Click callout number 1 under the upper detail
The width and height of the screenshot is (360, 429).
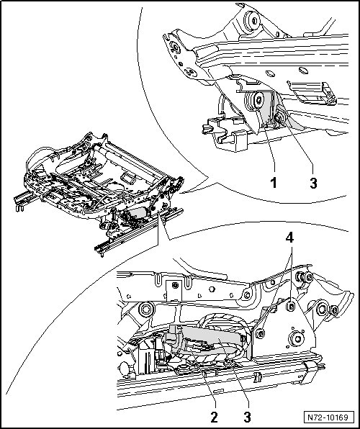[x=273, y=183]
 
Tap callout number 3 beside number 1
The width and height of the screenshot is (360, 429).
[x=313, y=183]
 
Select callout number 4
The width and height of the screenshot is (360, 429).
[x=289, y=238]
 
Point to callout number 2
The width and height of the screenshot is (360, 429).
[x=214, y=417]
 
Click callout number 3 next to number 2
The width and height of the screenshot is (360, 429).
[x=247, y=417]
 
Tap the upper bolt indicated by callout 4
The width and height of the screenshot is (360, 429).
[x=290, y=306]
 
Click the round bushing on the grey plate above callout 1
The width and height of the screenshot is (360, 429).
[x=256, y=101]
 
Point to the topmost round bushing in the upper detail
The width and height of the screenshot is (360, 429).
[x=252, y=21]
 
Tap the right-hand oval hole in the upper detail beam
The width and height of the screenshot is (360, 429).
[x=304, y=70]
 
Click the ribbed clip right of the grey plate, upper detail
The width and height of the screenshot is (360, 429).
[x=312, y=92]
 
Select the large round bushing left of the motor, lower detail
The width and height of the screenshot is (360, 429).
[x=145, y=310]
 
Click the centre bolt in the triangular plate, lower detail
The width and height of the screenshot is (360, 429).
[x=296, y=338]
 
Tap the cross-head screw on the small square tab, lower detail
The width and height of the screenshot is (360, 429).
[x=176, y=285]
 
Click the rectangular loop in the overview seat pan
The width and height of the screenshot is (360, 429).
[x=128, y=178]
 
